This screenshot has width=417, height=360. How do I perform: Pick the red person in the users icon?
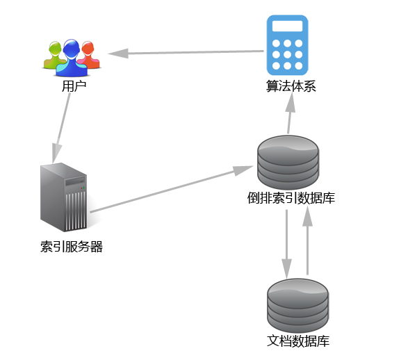(88, 56)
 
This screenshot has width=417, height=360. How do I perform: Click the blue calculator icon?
(287, 44)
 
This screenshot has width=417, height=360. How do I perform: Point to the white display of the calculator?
(287, 26)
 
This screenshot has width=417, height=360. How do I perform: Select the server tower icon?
(64, 197)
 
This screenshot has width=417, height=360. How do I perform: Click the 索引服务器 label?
(72, 247)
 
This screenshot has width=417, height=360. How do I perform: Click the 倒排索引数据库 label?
(291, 198)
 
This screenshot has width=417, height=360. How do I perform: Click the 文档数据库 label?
(298, 341)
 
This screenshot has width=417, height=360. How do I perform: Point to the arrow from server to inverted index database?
(171, 189)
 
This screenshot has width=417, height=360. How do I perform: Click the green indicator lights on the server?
(82, 186)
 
